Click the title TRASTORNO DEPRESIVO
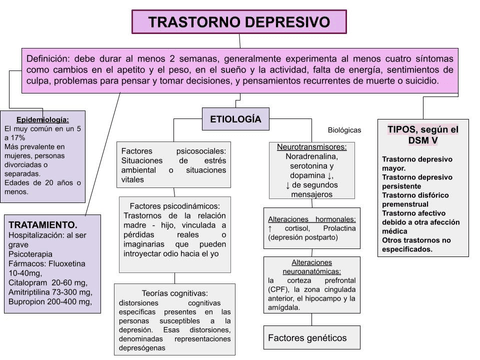pyautogui.click(x=239, y=21)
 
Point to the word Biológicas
pyautogui.click(x=343, y=131)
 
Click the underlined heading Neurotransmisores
pyautogui.click(x=310, y=147)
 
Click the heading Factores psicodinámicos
pyautogui.click(x=174, y=205)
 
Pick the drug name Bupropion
pyautogui.click(x=30, y=300)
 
